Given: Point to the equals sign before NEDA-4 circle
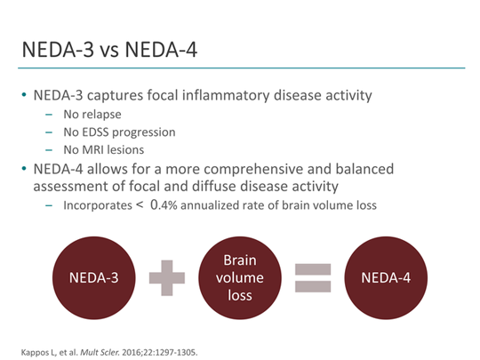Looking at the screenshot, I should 311,279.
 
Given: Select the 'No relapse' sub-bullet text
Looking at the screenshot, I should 93,115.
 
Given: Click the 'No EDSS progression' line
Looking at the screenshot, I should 118,132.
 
